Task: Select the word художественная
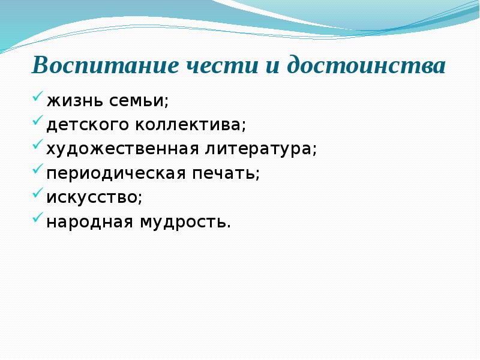tap(118, 149)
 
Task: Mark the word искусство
tap(94, 198)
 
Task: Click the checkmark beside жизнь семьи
tap(37, 97)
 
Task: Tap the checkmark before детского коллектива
tap(37, 121)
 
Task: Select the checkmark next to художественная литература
tap(37, 146)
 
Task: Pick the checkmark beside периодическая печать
tap(37, 170)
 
